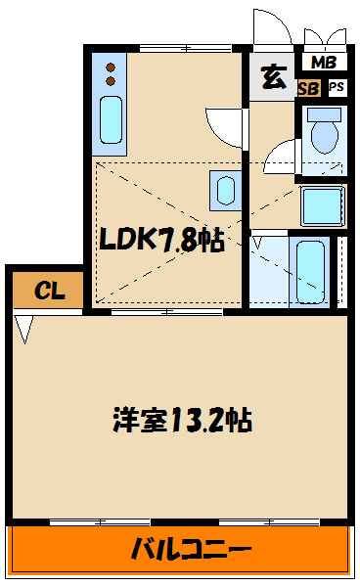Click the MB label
click(322, 64)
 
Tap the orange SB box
click(307, 87)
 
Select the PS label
click(336, 87)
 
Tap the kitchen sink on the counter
click(110, 119)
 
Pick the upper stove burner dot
click(110, 67)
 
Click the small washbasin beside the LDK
click(226, 187)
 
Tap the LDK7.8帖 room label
click(160, 239)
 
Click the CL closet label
click(45, 291)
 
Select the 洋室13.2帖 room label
click(181, 421)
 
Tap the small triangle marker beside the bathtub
click(257, 239)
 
